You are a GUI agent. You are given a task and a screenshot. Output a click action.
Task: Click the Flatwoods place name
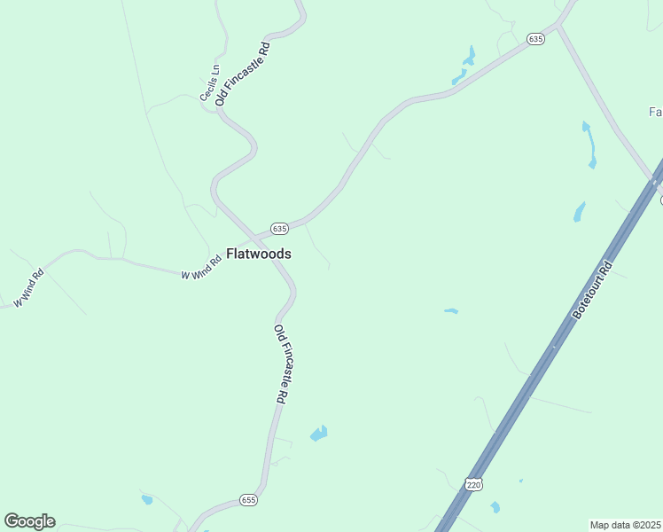coord(259,253)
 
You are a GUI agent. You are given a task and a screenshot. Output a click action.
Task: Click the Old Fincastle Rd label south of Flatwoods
coord(280,364)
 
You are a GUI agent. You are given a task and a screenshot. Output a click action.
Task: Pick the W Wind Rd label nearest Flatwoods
coord(200,269)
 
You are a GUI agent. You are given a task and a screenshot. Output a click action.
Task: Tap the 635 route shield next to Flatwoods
coord(279,228)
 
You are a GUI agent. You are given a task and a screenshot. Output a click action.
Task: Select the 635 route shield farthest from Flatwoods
coord(534,39)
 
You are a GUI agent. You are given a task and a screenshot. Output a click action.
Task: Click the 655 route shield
coord(247,501)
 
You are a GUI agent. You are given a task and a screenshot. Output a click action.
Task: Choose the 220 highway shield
coord(474,485)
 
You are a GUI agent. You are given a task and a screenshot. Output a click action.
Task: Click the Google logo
coord(29,520)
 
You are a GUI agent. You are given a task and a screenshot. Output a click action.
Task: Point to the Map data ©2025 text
coord(625,525)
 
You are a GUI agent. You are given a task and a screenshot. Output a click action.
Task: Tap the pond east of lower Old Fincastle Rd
coord(318,434)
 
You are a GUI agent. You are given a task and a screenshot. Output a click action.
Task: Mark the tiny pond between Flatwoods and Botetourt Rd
coord(451,311)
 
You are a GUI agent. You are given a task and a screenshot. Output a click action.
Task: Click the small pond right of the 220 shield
coord(495,507)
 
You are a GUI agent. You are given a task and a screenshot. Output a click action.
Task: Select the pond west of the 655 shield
coord(146,500)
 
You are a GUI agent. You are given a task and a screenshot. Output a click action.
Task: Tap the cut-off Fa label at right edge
coord(656,112)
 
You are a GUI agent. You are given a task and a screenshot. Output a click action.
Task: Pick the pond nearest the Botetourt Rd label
coord(580,212)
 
